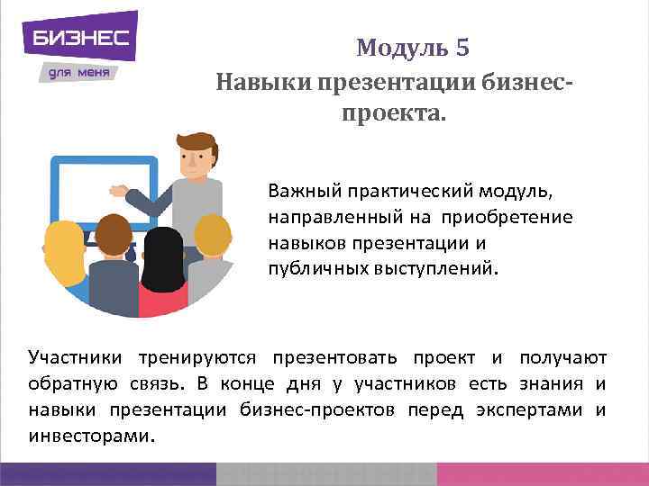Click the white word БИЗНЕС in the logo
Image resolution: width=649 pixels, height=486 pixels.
click(x=80, y=39)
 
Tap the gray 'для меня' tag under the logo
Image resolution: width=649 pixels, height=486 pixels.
click(x=78, y=71)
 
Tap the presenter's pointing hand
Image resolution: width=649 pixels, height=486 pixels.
click(x=118, y=190)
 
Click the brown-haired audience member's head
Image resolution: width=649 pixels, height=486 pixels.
click(x=114, y=235)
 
